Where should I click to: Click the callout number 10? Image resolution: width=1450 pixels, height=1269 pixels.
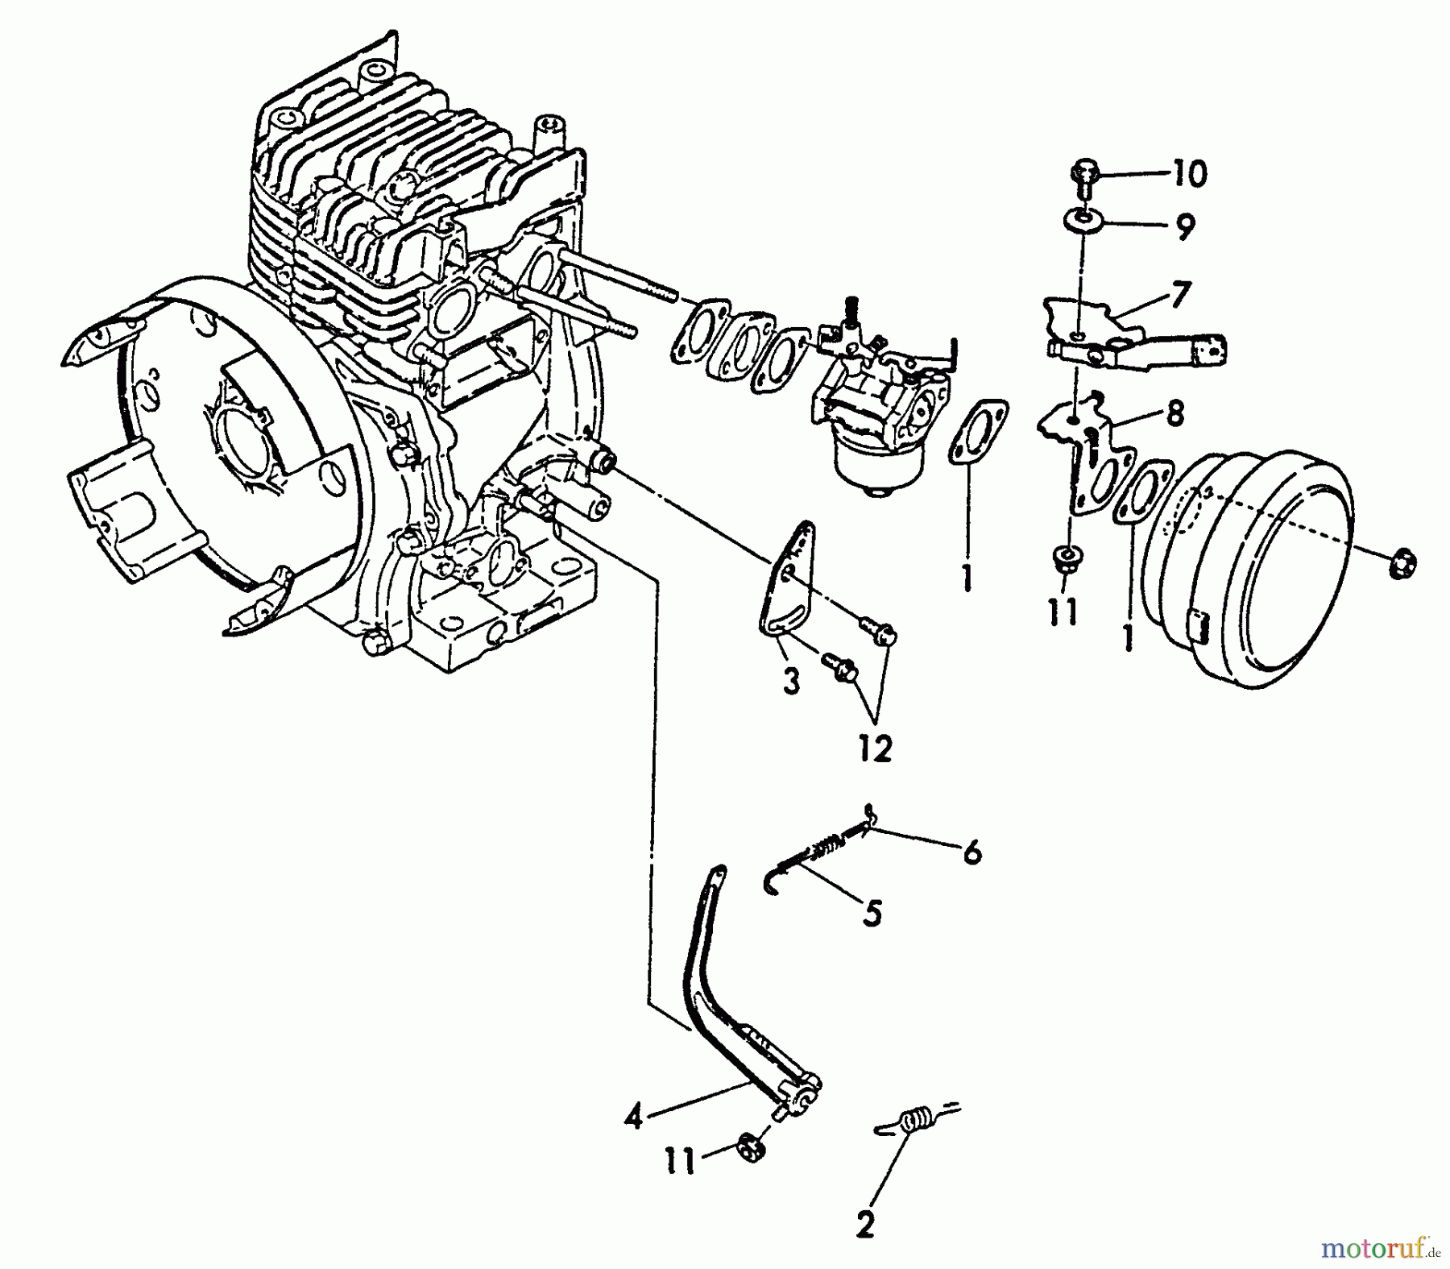coord(1191,175)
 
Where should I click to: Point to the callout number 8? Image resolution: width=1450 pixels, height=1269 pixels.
coord(1174,413)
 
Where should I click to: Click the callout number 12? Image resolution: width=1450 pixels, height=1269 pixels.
coord(876,749)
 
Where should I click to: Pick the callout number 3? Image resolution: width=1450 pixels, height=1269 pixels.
coord(791,682)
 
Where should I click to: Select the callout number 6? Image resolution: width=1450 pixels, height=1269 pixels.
coord(972,851)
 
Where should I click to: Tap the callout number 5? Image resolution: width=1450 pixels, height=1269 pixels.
coord(872,913)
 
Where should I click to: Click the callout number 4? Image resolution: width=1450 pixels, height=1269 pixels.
coord(634,1118)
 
